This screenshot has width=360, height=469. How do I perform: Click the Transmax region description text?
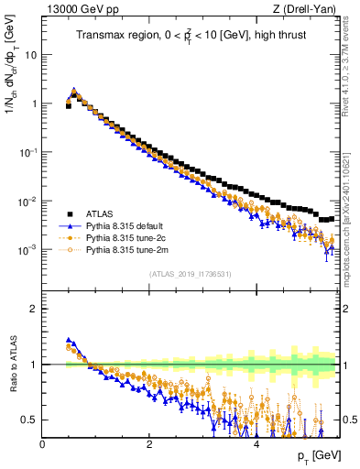(x=192, y=38)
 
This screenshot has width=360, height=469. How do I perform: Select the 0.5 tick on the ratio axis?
(x=30, y=420)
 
